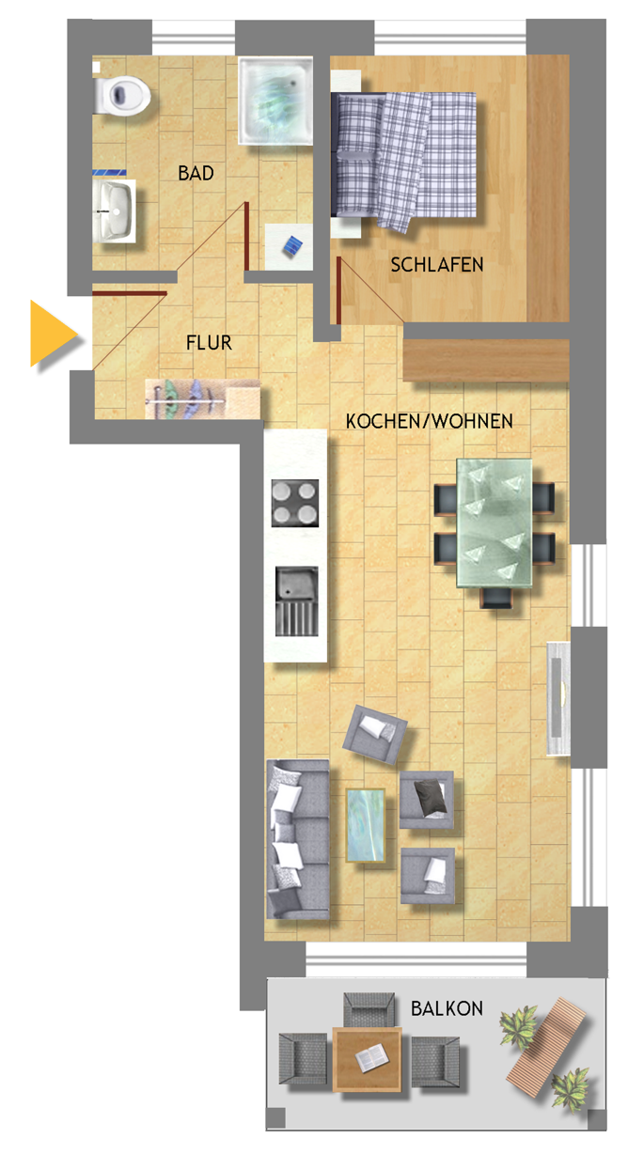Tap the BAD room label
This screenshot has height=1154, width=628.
tap(196, 173)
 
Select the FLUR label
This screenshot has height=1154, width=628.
tap(209, 343)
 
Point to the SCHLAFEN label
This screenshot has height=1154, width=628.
tap(437, 265)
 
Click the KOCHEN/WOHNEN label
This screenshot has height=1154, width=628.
tap(429, 421)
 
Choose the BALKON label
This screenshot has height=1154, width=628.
tap(447, 1008)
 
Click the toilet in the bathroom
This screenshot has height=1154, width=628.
tap(122, 94)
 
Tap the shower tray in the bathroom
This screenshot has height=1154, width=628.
tap(275, 100)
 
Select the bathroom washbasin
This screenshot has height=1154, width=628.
tap(115, 211)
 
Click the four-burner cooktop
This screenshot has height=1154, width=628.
tap(295, 503)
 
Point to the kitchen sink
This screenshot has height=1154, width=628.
tap(297, 601)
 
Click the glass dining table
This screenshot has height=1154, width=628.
tap(495, 522)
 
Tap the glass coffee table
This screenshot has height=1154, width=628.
tap(366, 825)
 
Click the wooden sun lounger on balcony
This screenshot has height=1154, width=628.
tap(546, 1040)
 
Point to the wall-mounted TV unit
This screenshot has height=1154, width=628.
tap(557, 698)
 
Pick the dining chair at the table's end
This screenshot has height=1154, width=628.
tap(497, 598)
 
